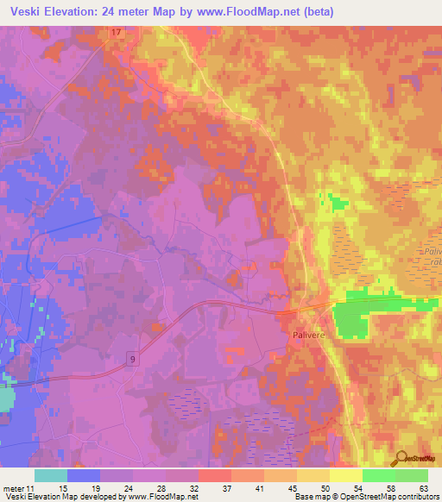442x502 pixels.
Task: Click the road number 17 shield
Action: coord(117,32)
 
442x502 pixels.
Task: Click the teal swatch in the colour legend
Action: coord(51,475)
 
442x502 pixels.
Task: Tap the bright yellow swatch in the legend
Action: coord(346,475)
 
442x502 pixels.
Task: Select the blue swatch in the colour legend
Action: coord(84,475)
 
